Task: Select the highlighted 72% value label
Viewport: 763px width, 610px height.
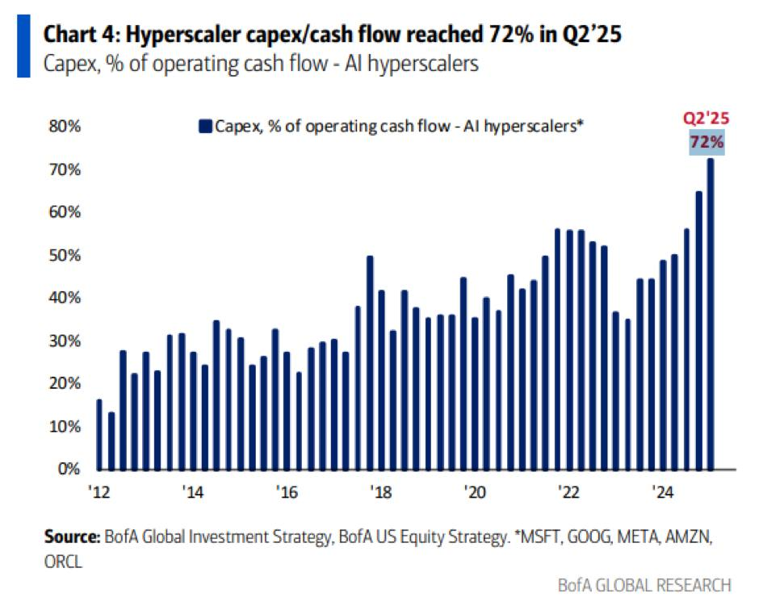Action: pos(707,143)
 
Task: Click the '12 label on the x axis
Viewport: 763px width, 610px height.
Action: pos(98,491)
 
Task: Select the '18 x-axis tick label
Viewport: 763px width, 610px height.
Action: pos(382,491)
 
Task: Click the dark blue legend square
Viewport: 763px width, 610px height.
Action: pos(205,126)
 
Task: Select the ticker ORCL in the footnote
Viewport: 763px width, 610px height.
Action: pos(59,559)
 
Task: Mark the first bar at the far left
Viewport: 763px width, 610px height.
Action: pos(99,434)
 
